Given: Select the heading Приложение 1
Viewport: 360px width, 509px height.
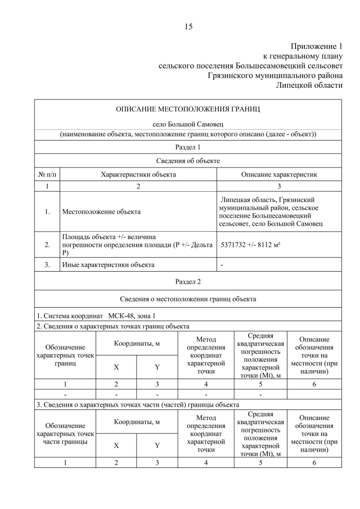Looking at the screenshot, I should [x=316, y=46].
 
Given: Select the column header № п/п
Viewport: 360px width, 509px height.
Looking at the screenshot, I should [x=47, y=174].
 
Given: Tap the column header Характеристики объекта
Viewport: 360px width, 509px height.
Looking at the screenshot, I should [x=138, y=174].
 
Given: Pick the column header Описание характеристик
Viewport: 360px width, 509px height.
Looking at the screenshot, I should [x=279, y=174].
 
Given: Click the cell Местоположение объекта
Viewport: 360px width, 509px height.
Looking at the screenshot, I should [x=101, y=212].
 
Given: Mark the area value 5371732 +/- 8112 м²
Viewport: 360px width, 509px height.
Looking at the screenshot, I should [x=257, y=246].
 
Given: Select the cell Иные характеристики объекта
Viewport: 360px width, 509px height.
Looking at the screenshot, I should [x=108, y=264].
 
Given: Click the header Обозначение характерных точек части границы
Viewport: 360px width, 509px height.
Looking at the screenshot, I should [x=65, y=434].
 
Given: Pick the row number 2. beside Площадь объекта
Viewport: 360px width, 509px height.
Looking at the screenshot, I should [x=47, y=245].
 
